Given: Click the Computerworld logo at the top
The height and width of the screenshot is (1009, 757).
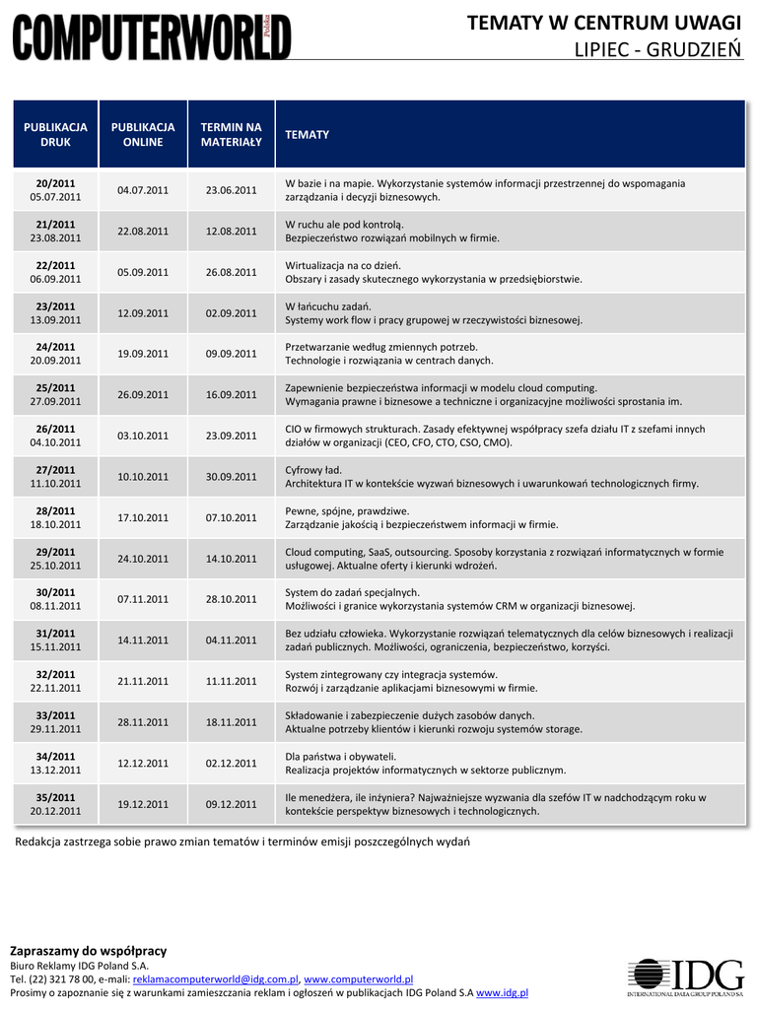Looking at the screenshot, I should click(x=152, y=36).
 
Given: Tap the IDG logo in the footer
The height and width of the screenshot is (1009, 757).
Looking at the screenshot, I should click(x=686, y=977).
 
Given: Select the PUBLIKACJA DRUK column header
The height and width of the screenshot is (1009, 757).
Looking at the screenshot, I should click(x=55, y=134).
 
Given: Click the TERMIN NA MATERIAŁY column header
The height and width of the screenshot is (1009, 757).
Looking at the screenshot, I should click(x=231, y=134).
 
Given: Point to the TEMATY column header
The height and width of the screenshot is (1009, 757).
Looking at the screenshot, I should click(x=307, y=134).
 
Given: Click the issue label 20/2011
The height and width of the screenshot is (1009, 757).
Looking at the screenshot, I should click(x=55, y=183).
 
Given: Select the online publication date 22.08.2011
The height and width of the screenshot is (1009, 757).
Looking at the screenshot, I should click(x=143, y=232).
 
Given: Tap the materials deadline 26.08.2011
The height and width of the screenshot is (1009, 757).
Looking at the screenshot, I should click(x=231, y=272).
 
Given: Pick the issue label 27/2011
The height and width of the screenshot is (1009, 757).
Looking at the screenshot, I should click(x=55, y=470).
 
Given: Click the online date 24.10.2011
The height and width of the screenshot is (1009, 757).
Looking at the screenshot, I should click(x=143, y=559).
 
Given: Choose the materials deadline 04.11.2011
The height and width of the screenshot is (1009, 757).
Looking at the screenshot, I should click(x=231, y=640).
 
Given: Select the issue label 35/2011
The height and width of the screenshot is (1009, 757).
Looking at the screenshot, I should click(x=55, y=797).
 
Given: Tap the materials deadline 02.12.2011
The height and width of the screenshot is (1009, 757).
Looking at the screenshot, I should click(x=231, y=763).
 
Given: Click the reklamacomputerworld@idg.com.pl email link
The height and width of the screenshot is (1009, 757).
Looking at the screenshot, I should click(x=215, y=979).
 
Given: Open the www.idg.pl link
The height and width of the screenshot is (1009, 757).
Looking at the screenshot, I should click(x=502, y=993).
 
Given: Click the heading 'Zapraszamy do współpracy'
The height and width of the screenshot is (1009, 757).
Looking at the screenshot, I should click(x=88, y=951).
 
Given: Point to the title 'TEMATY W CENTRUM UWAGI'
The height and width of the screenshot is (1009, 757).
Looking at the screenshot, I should click(x=603, y=23).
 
